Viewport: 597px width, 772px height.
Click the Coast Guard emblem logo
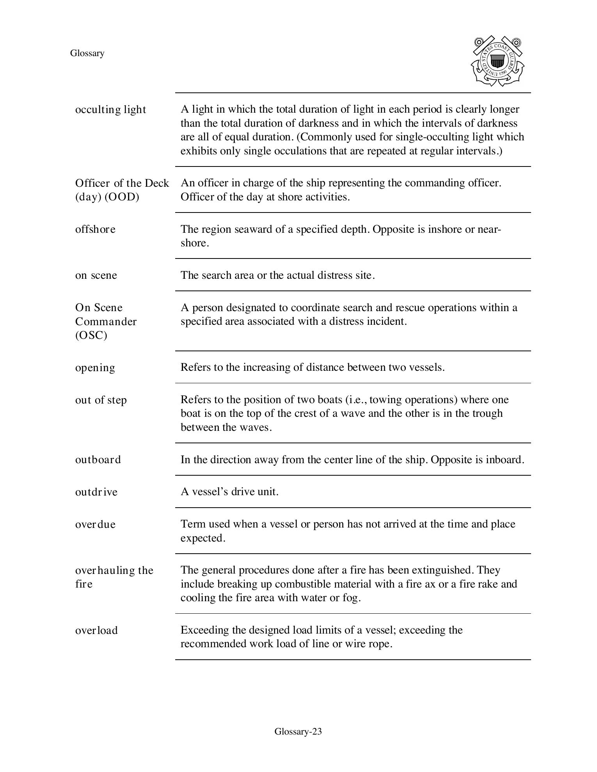[x=497, y=61]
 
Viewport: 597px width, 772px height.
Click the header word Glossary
[x=87, y=53]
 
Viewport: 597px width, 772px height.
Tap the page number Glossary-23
[x=298, y=731]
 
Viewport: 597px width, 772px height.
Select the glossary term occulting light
[x=110, y=110]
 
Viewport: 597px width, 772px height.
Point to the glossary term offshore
[x=95, y=229]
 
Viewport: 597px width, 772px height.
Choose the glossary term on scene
[x=96, y=275]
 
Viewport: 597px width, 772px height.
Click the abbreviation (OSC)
[x=91, y=335]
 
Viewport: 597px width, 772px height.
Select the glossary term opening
[x=95, y=368]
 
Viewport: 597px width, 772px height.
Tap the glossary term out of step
[x=101, y=400]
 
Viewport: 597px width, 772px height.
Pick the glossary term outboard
[x=98, y=460]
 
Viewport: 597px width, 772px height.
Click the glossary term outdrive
[x=96, y=492]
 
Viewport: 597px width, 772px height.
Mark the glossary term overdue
[x=95, y=524]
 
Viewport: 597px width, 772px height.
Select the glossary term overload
[x=96, y=630]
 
